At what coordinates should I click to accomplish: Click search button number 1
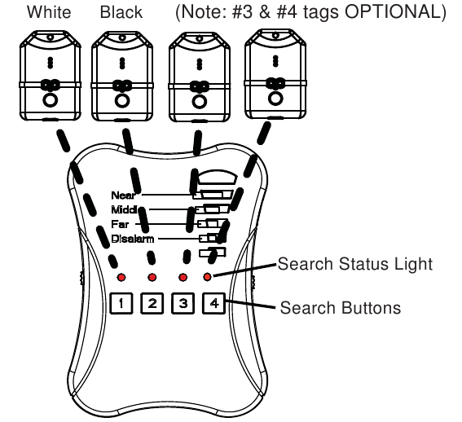tap(121, 303)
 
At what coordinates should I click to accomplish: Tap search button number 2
tap(152, 303)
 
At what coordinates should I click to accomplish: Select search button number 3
tap(183, 303)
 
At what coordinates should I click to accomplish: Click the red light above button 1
tap(121, 277)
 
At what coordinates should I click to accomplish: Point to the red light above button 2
tap(152, 277)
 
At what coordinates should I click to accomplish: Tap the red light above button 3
tap(183, 277)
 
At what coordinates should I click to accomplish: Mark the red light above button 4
tap(208, 277)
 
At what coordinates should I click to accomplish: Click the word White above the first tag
tap(49, 12)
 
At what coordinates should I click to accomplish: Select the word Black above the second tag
tap(121, 12)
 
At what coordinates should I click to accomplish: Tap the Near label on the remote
tap(123, 195)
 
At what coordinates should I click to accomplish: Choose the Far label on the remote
tap(120, 224)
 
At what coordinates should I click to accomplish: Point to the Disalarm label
tap(133, 239)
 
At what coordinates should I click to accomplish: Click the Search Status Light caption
tap(355, 264)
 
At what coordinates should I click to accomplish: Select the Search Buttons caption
tap(341, 308)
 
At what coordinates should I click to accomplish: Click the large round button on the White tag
tap(50, 100)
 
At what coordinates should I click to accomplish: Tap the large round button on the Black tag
tap(122, 101)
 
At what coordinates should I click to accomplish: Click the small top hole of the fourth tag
tap(275, 36)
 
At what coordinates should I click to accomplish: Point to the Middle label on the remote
tap(124, 209)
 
